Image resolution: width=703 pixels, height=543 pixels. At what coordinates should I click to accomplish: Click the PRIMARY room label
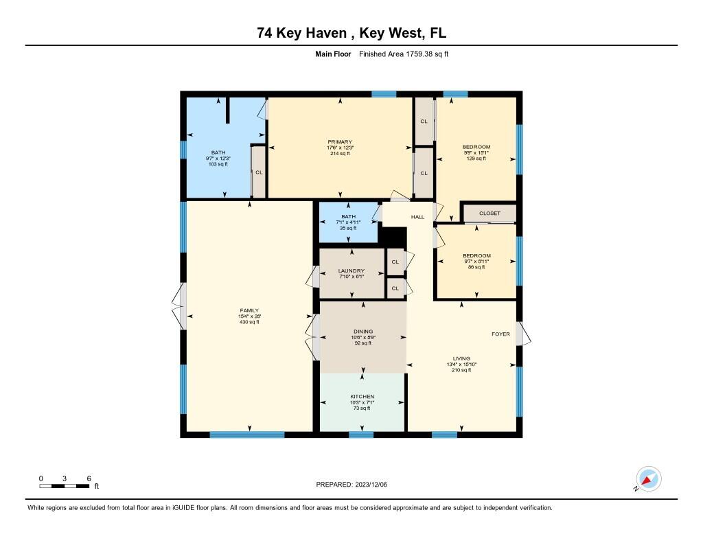pyautogui.click(x=340, y=141)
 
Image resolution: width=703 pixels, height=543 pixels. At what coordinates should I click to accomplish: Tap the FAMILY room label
pyautogui.click(x=249, y=310)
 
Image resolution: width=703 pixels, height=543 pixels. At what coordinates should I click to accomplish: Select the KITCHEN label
pyautogui.click(x=362, y=397)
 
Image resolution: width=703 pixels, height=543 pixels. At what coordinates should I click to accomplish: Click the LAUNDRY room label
pyautogui.click(x=351, y=271)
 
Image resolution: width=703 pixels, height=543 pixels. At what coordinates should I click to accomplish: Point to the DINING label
pyautogui.click(x=363, y=332)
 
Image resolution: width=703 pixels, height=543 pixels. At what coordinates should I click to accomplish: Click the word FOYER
pyautogui.click(x=500, y=334)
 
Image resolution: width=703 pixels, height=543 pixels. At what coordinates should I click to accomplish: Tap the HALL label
pyautogui.click(x=417, y=217)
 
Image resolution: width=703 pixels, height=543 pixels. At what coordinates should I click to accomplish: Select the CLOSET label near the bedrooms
pyautogui.click(x=489, y=213)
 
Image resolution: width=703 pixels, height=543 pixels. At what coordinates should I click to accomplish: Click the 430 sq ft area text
pyautogui.click(x=249, y=322)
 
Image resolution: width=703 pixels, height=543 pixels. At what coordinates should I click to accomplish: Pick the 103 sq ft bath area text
pyautogui.click(x=218, y=165)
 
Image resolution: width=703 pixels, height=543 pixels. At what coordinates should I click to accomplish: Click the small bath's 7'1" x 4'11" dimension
pyautogui.click(x=349, y=222)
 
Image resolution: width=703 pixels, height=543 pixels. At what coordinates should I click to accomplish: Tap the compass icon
pyautogui.click(x=647, y=478)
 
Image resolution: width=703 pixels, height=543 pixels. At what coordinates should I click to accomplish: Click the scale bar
pyautogui.click(x=64, y=486)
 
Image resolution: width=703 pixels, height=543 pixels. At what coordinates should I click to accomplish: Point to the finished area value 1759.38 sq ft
pyautogui.click(x=422, y=54)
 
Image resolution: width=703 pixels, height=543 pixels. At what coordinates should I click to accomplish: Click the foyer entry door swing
pyautogui.click(x=525, y=334)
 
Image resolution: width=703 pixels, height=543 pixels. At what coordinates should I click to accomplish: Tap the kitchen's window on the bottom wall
pyautogui.click(x=361, y=434)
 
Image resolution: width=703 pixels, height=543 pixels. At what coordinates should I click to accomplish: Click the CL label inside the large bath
pyautogui.click(x=259, y=172)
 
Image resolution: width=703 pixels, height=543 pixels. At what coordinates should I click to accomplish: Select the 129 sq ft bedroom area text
pyautogui.click(x=476, y=159)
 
